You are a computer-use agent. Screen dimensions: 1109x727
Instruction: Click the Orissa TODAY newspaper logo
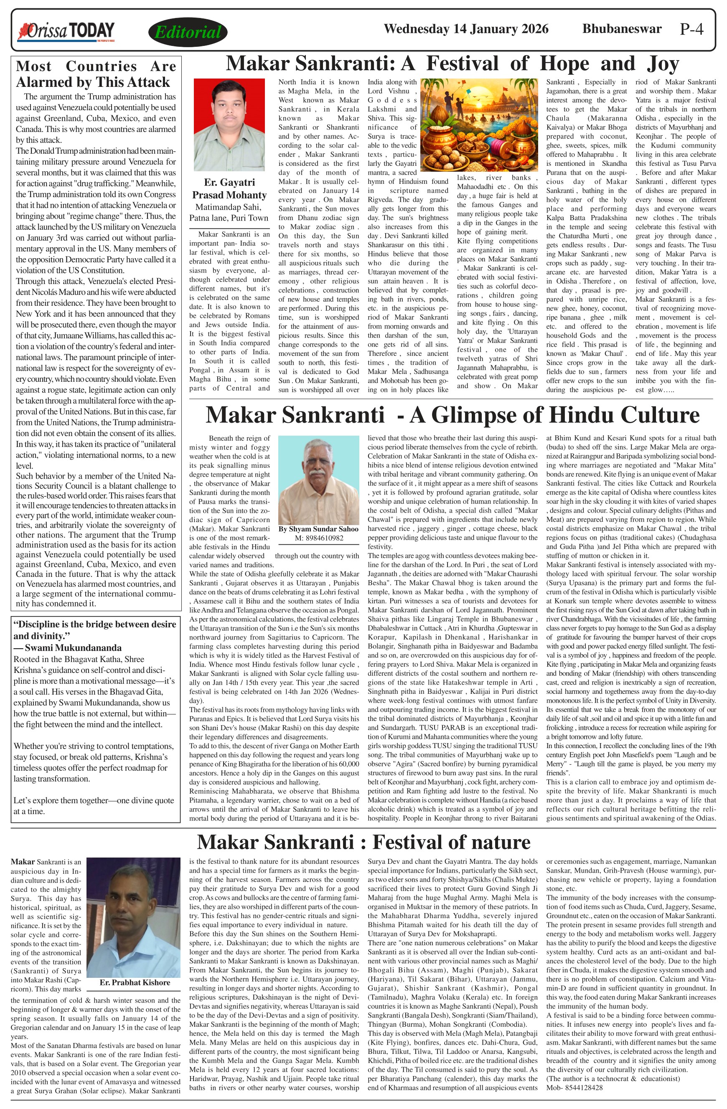point(66,31)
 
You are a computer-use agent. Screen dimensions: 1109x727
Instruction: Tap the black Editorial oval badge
point(188,32)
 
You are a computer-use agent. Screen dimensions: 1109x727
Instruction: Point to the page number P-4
point(691,29)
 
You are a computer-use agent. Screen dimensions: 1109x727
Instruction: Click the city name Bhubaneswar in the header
point(622,29)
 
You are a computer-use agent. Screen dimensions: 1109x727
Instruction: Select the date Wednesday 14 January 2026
point(466,29)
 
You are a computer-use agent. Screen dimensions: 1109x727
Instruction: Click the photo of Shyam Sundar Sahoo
point(319,480)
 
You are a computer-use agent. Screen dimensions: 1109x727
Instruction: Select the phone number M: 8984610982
point(319,538)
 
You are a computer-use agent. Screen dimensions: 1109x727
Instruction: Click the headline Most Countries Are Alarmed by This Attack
point(96,74)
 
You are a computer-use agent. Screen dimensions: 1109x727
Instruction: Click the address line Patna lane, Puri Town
point(229,218)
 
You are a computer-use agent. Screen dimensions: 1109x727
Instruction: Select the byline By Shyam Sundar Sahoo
point(319,529)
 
